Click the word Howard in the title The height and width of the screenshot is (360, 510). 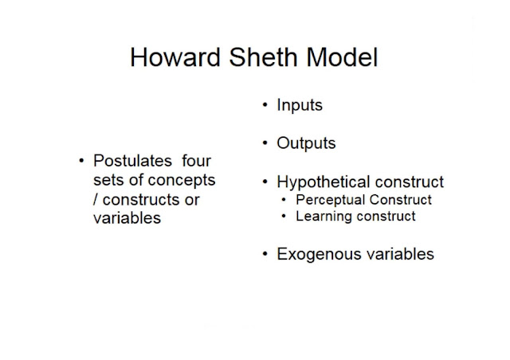click(172, 58)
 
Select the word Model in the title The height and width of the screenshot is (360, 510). click(339, 58)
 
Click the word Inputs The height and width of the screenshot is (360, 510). click(299, 105)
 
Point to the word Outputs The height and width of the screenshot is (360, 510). click(306, 143)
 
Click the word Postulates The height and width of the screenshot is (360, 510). click(131, 161)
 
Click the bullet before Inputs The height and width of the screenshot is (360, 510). click(265, 105)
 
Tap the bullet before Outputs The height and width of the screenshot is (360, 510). click(265, 143)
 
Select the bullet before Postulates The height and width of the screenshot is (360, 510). click(81, 162)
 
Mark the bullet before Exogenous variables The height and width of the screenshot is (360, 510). click(265, 254)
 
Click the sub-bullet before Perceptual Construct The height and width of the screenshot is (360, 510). click(284, 200)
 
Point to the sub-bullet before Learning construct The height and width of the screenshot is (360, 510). click(284, 216)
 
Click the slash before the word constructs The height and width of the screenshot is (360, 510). click(95, 199)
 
